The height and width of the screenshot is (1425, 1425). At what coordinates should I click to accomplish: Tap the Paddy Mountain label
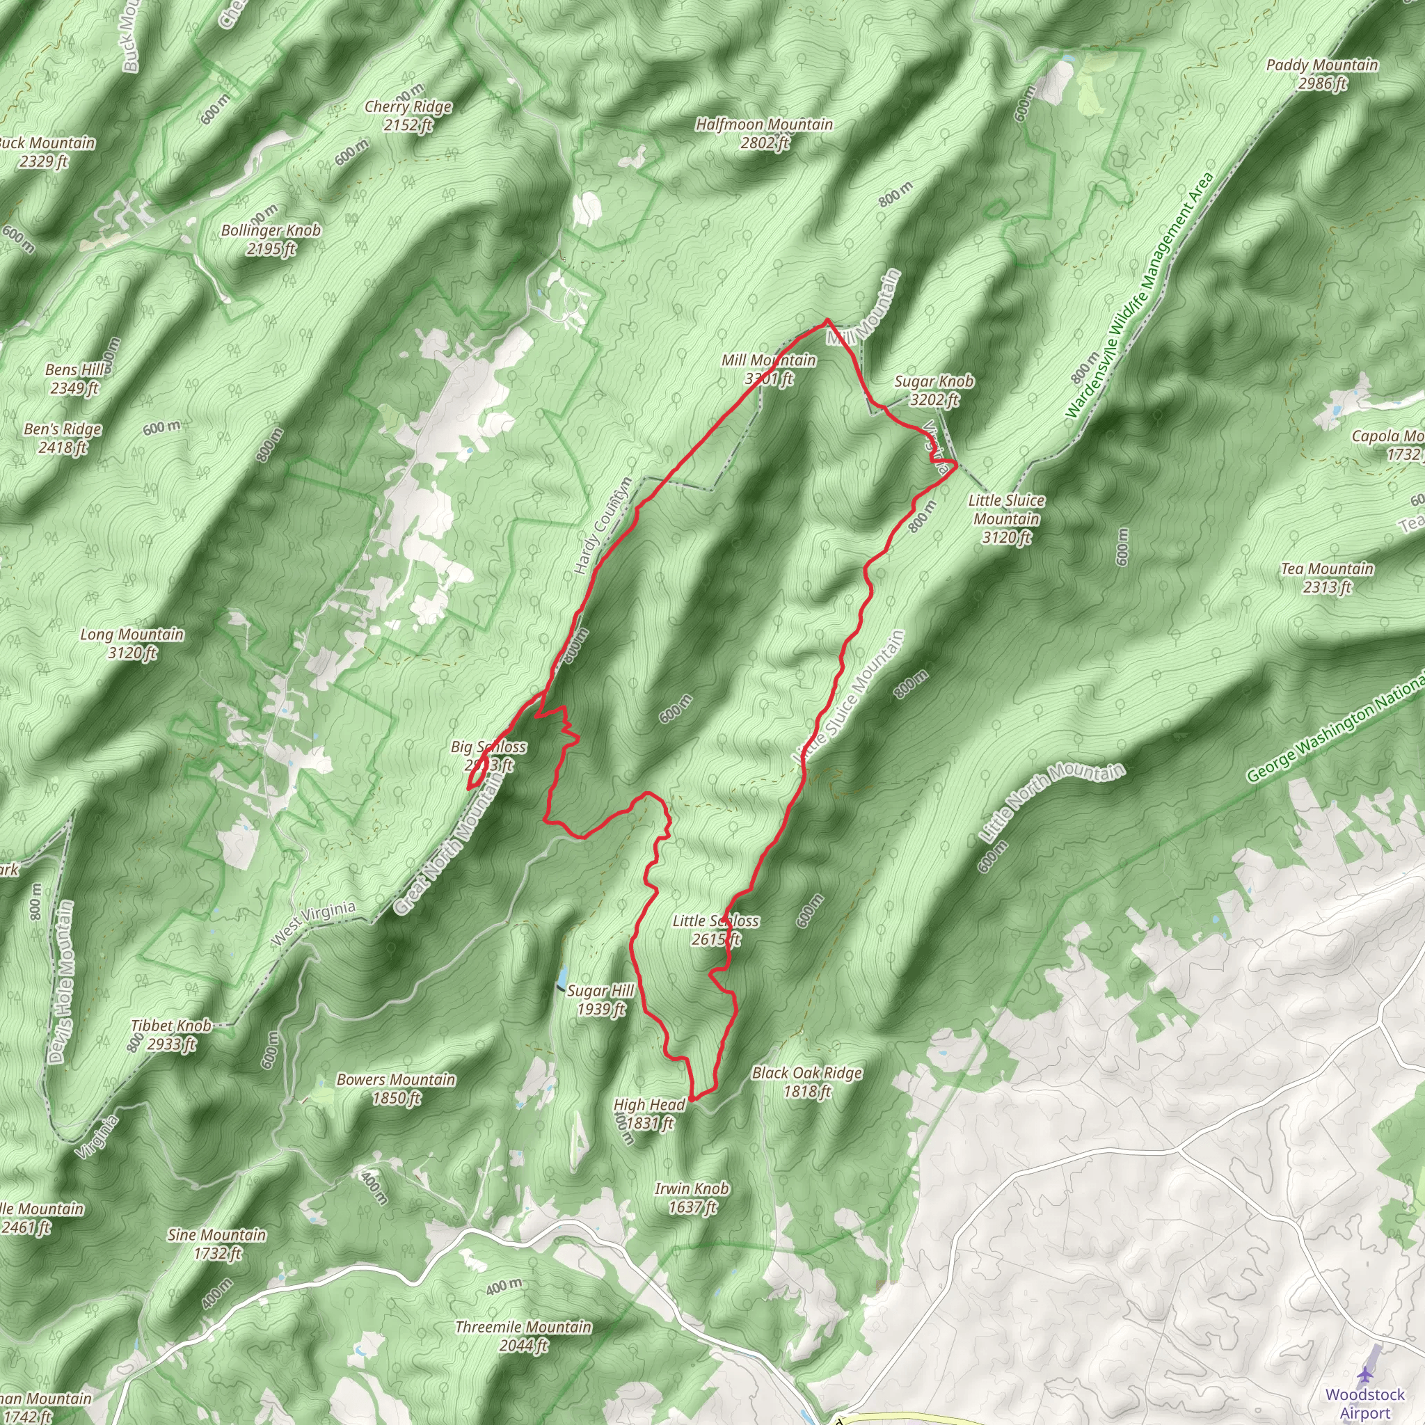(x=1322, y=74)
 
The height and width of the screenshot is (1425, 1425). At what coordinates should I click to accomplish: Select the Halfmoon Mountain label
(x=764, y=134)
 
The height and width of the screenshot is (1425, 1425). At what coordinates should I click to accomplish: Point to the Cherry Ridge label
(x=408, y=115)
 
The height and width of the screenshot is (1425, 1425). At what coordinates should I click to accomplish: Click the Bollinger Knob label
(x=271, y=239)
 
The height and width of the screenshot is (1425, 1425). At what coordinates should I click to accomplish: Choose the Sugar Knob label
(x=934, y=390)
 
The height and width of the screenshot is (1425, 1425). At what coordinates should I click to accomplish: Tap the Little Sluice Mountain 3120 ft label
(x=1006, y=518)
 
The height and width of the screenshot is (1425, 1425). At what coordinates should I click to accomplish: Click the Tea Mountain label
(x=1327, y=578)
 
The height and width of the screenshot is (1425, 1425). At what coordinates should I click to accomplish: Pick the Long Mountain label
(x=132, y=643)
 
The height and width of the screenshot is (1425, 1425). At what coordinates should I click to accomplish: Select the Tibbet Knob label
(x=171, y=1034)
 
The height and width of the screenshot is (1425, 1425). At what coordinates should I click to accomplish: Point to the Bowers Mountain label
(x=396, y=1088)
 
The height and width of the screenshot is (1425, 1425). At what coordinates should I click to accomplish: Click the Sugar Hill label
(x=600, y=999)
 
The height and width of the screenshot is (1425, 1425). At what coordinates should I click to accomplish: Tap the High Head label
(x=649, y=1113)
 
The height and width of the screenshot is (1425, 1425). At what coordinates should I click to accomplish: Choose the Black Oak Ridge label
(x=807, y=1081)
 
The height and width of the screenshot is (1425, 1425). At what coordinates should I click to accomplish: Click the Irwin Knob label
(x=692, y=1197)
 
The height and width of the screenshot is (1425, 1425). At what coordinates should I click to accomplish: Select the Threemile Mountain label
(x=524, y=1336)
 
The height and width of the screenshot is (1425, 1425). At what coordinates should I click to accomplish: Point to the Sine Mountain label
(x=217, y=1243)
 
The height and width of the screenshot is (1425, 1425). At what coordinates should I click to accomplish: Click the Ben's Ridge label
(x=63, y=438)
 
